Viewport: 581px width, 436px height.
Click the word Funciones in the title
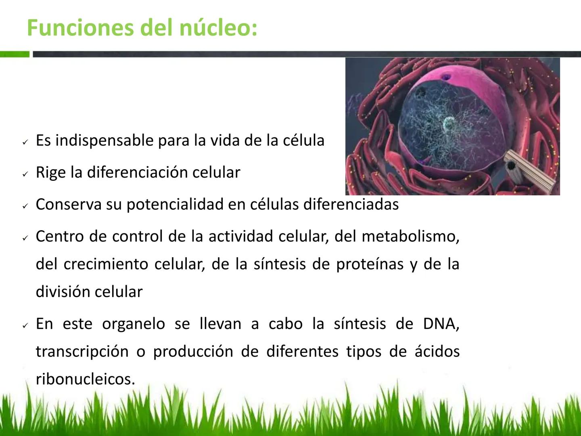[80, 27]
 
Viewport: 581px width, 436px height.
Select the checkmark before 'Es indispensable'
[25, 142]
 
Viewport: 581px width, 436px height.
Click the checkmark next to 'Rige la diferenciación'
[25, 174]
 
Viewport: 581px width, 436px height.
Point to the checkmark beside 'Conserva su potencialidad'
[25, 206]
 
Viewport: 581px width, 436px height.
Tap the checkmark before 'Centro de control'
[25, 238]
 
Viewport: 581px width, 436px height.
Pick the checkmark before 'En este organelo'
[25, 325]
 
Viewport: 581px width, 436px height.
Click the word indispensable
[104, 141]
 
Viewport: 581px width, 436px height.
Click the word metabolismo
[411, 236]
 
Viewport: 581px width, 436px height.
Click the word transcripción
[82, 352]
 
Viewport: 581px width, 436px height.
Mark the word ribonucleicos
[86, 379]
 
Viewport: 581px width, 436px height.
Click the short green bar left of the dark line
[15, 54]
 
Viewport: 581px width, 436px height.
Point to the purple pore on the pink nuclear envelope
[446, 77]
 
